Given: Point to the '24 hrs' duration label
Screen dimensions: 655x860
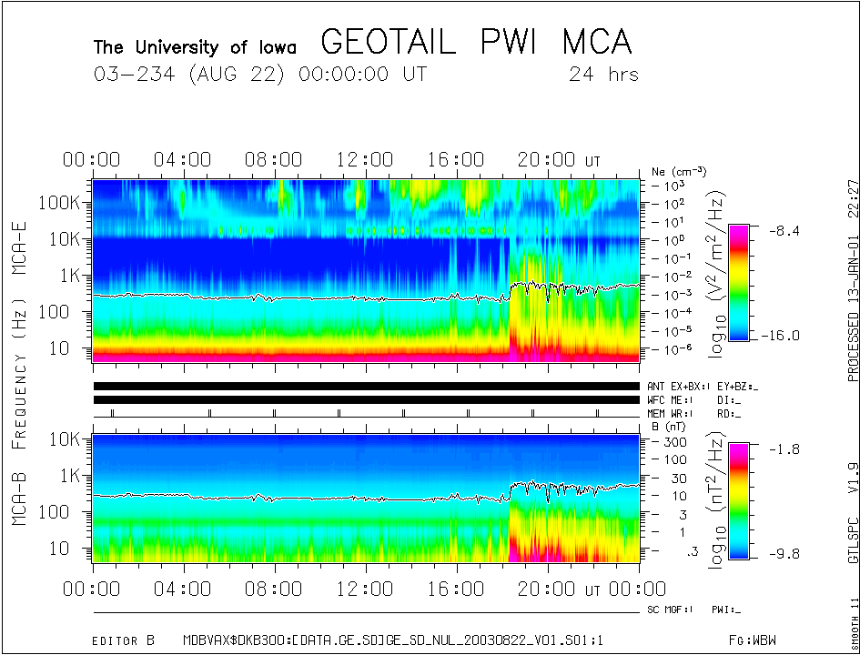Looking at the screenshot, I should (602, 75).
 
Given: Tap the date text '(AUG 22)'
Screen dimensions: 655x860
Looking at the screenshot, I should (239, 75).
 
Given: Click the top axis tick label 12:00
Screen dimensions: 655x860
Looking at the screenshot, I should (365, 161).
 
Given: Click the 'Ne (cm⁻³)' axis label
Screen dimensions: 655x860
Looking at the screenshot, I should (679, 171).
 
